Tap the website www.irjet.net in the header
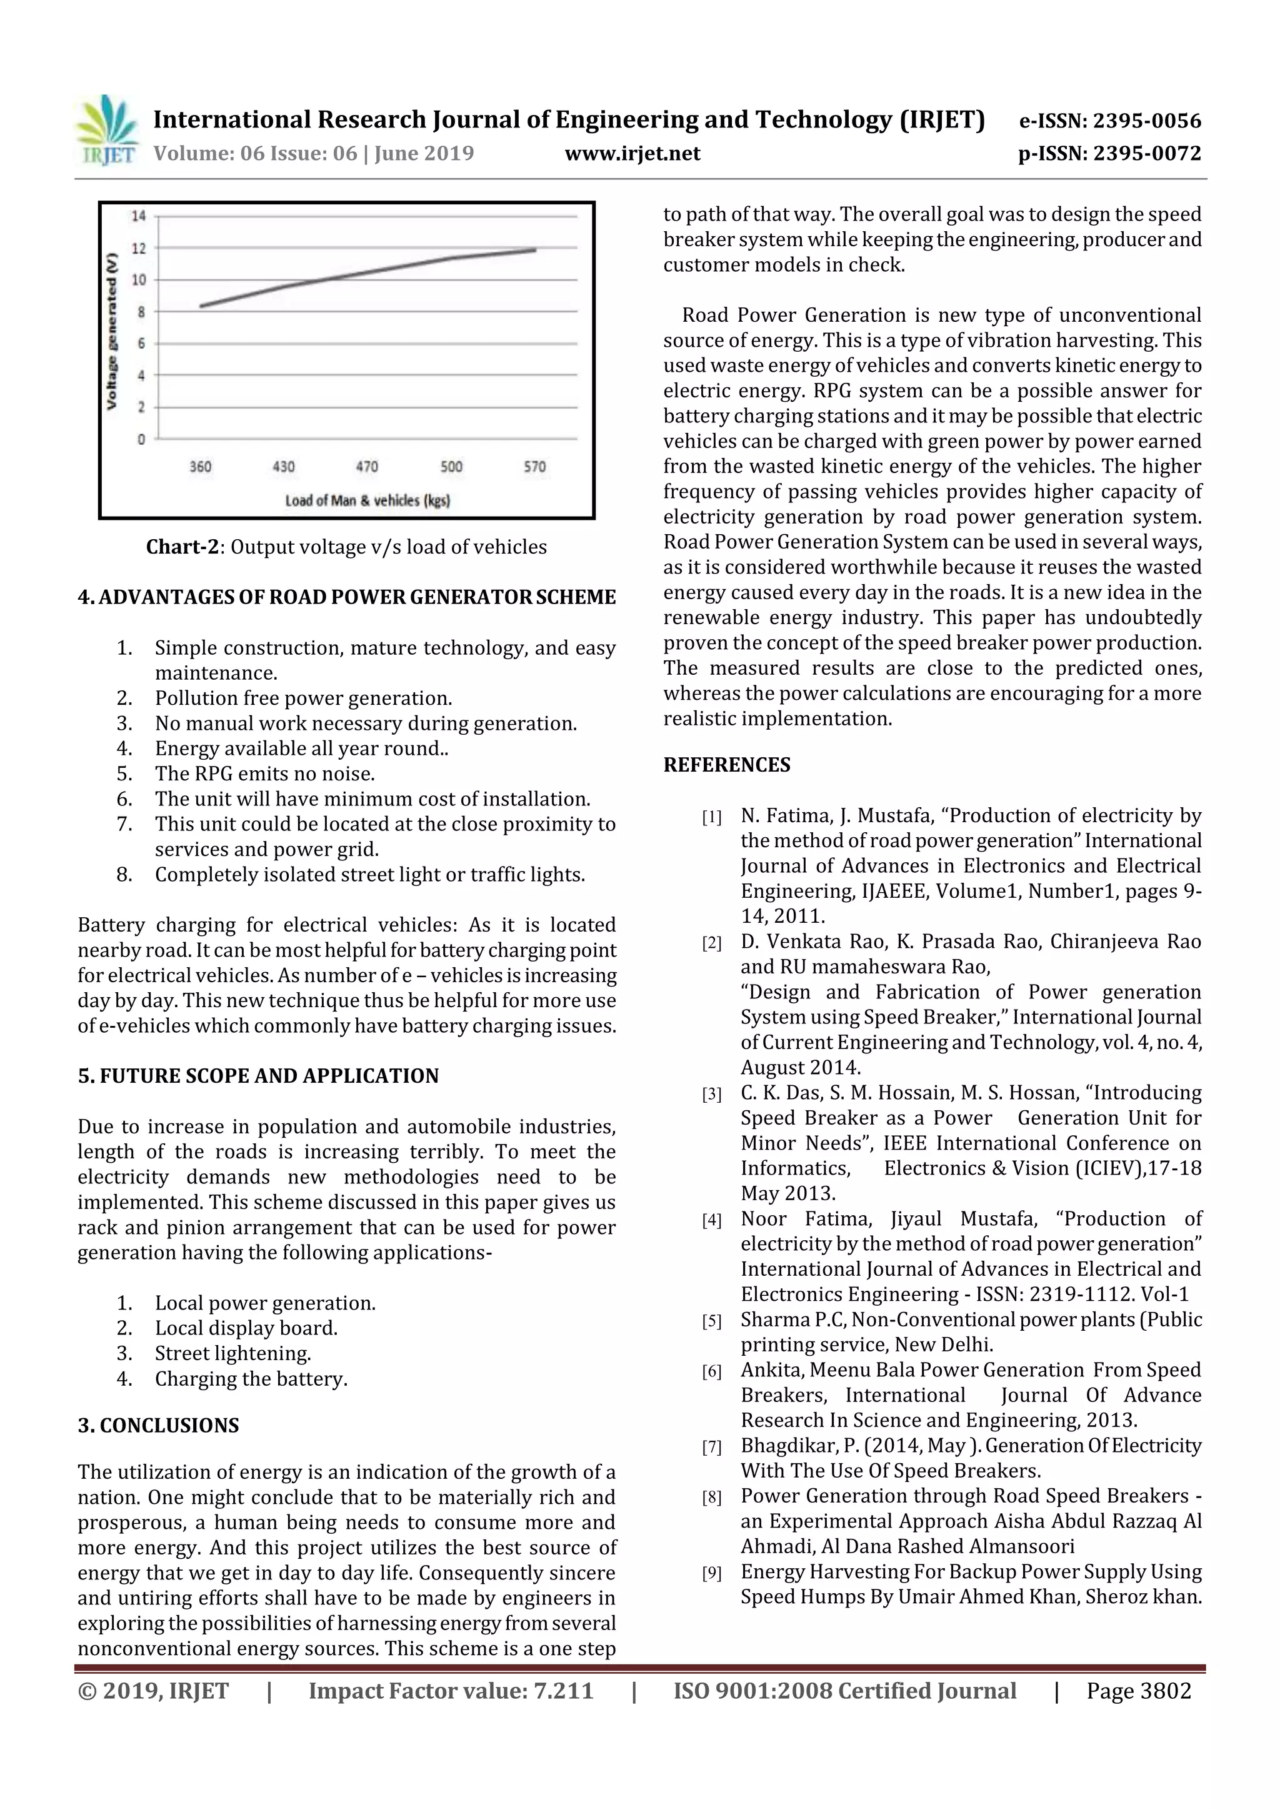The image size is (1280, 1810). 632,153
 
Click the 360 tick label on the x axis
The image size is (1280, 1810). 201,467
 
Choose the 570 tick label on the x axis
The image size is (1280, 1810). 535,467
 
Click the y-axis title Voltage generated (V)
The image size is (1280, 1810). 112,331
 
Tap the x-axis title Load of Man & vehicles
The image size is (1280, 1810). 367,500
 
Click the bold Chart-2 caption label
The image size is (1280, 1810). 182,547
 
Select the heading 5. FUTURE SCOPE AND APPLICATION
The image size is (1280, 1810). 258,1076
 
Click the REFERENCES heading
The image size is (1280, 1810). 726,765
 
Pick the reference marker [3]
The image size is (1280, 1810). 711,1094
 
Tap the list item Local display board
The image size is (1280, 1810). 246,1328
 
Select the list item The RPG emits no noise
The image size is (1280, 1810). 265,773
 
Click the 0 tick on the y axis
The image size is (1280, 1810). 141,439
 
